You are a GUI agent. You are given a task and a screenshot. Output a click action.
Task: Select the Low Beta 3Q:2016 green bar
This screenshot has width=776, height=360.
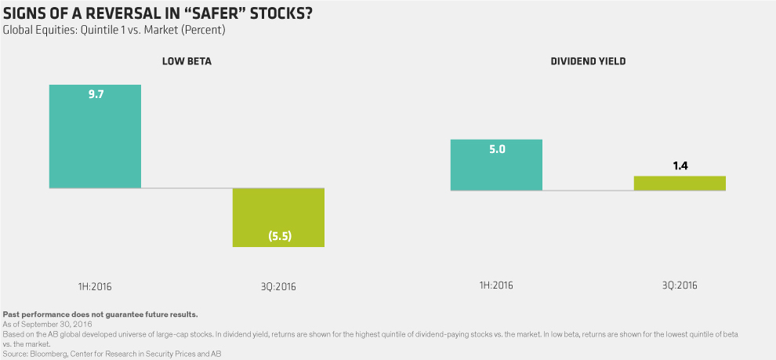click(x=278, y=217)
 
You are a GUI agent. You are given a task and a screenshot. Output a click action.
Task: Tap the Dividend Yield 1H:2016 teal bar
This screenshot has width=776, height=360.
click(x=495, y=165)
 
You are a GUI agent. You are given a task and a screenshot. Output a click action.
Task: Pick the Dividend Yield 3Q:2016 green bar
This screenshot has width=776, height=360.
click(x=680, y=183)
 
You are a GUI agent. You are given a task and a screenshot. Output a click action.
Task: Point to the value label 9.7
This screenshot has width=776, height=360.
click(x=96, y=94)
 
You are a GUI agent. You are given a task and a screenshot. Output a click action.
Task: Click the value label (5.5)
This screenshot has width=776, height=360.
click(x=278, y=235)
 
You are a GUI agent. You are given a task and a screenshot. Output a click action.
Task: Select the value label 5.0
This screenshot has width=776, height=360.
click(x=495, y=149)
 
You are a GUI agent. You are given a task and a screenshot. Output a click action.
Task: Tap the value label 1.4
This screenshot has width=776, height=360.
click(x=680, y=165)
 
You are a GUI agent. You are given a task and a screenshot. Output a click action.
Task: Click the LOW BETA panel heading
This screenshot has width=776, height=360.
click(x=187, y=60)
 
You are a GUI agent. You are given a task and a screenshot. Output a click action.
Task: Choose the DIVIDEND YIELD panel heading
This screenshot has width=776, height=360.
click(x=589, y=60)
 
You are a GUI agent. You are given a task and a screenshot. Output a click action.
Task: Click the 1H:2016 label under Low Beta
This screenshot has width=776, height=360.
click(x=96, y=285)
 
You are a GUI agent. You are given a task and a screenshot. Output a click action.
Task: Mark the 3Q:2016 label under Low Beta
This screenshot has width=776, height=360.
click(x=278, y=285)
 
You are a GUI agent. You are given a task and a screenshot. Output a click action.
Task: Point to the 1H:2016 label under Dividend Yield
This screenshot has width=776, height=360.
click(x=495, y=285)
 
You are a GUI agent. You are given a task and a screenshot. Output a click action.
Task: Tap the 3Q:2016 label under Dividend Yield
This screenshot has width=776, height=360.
click(x=680, y=285)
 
